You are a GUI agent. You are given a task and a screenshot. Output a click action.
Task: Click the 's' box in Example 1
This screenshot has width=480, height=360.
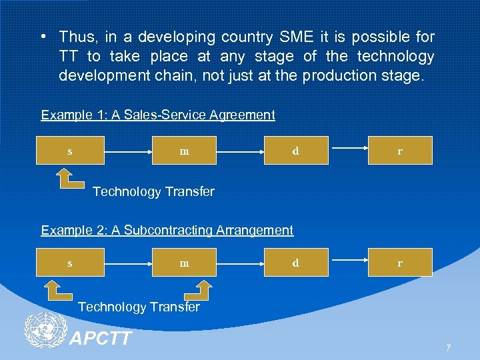tap(70, 151)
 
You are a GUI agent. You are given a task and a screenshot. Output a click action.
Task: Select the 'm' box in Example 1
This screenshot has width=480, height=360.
tap(185, 151)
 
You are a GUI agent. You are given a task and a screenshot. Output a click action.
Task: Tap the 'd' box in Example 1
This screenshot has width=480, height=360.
tap(295, 151)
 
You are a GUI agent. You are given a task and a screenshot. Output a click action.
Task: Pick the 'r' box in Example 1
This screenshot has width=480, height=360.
tap(400, 151)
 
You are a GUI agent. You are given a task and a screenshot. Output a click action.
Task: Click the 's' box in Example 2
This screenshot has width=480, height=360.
tap(70, 263)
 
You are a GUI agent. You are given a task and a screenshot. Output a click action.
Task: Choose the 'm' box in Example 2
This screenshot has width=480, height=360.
tap(185, 263)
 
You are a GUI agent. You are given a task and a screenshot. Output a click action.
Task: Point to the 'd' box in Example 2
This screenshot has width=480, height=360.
tap(295, 263)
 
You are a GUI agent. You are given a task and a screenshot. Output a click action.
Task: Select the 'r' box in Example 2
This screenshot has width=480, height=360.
tap(400, 263)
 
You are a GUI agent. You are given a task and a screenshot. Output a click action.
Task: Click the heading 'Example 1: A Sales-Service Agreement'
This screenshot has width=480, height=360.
tap(158, 115)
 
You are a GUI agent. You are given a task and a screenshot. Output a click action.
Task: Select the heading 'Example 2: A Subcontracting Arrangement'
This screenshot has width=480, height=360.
tap(167, 230)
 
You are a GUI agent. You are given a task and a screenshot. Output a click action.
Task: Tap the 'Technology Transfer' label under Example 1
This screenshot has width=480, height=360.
tap(153, 192)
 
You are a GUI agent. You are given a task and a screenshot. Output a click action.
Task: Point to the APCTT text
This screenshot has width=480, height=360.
tap(101, 339)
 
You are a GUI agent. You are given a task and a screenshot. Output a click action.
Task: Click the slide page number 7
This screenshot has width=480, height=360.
tap(448, 347)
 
